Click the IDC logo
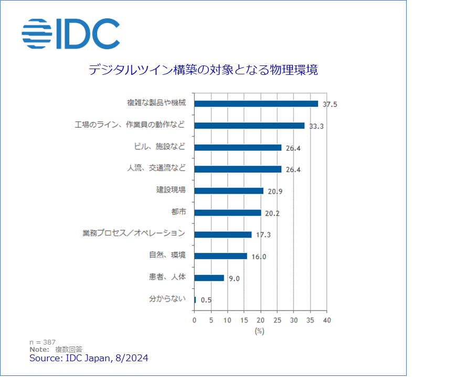coord(71,34)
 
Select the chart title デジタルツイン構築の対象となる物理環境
coord(203,70)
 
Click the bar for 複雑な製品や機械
coord(256,104)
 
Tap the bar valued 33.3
coord(249,126)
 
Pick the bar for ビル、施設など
coord(238,148)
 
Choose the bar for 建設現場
coord(229,191)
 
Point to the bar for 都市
coord(228,213)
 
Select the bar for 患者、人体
coord(209,278)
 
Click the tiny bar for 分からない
coord(195,300)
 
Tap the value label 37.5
coord(330,104)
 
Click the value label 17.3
coord(263,235)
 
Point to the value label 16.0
coord(259,257)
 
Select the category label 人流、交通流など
coord(156,169)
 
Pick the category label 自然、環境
coord(167,255)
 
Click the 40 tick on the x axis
coord(326,320)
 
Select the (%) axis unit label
coord(259,331)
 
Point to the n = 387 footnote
coord(43,342)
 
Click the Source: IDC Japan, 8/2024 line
coord(89,358)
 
